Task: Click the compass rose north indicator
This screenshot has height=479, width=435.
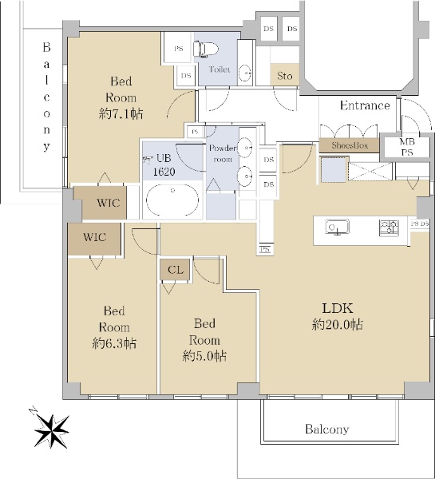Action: point(51,430)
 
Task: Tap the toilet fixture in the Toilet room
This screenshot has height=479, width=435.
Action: point(206,49)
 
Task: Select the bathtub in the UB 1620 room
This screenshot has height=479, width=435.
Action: point(172,200)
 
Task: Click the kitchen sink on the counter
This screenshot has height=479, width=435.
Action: point(337,228)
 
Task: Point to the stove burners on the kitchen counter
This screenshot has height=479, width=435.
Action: point(389,228)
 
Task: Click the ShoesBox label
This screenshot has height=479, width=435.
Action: point(350,145)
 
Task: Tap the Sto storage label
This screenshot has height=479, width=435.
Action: point(284,76)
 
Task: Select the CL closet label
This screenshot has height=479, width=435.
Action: point(176,270)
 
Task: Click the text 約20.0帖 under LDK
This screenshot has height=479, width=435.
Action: point(338,324)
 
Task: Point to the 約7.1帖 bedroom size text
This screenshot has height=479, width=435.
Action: point(121,114)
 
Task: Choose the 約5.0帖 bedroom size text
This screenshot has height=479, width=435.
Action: point(204,356)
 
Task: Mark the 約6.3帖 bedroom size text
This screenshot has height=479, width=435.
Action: point(114,343)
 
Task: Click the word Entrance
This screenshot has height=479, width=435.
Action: point(365,105)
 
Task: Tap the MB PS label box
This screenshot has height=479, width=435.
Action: point(407,147)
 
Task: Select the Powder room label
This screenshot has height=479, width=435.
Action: point(223,153)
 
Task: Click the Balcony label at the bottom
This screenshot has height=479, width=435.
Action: point(327,430)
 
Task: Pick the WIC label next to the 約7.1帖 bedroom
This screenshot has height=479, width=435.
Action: point(108,203)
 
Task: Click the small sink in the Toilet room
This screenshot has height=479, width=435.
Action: point(245,73)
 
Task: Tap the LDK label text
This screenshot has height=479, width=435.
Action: point(338,308)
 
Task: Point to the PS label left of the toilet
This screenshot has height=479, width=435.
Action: point(179,49)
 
